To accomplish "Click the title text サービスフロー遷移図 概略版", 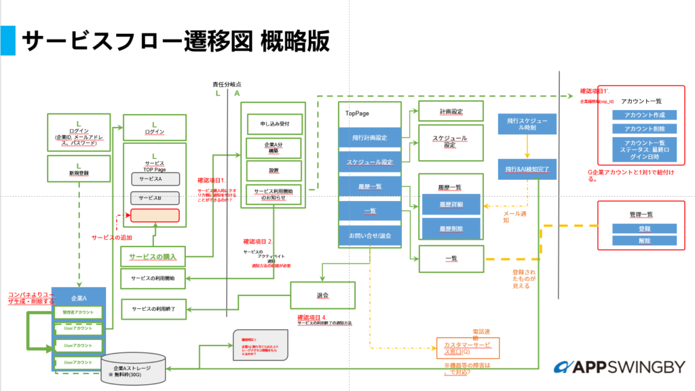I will [x=176, y=41].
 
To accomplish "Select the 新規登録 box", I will [x=79, y=169].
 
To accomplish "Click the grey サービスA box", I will [x=155, y=179].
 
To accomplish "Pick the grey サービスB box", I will [x=155, y=198].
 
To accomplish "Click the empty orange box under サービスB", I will [x=155, y=216].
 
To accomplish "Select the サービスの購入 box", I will [x=153, y=256].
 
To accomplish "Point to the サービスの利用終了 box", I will [x=153, y=309].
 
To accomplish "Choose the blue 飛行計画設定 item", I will [x=370, y=138].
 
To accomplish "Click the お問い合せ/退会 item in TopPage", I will [x=370, y=236].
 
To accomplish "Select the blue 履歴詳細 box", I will [x=451, y=204].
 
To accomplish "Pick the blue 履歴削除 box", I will [x=451, y=227].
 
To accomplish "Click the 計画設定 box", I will [x=451, y=111].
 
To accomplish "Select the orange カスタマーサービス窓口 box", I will [x=467, y=348].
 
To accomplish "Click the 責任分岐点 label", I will [x=227, y=84].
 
